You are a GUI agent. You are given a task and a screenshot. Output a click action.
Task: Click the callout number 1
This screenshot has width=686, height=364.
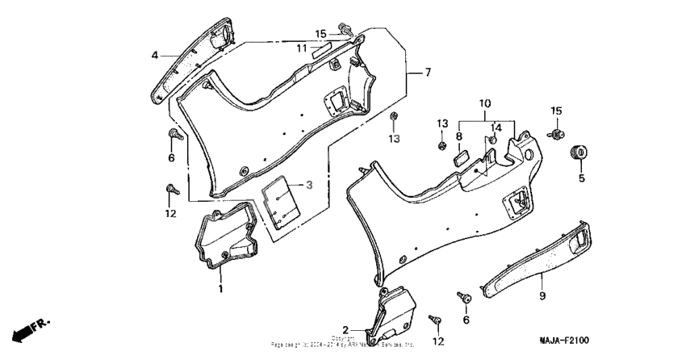pos(220,288)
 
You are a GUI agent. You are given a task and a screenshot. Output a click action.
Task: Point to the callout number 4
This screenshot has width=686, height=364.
pos(154,55)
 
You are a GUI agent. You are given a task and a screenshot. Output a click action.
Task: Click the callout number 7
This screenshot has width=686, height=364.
pos(427,73)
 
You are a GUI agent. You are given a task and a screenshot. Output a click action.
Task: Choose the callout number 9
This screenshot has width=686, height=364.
pos(542,296)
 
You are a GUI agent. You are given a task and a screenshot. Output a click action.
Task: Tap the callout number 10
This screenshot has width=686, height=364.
pos(484,105)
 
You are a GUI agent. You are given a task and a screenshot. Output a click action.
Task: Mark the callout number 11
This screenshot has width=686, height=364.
pos(301,48)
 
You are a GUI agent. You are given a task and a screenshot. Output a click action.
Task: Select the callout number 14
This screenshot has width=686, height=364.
pos(496,127)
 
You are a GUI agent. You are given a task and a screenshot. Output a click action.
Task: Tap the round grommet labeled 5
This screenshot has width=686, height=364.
pos(578,151)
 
